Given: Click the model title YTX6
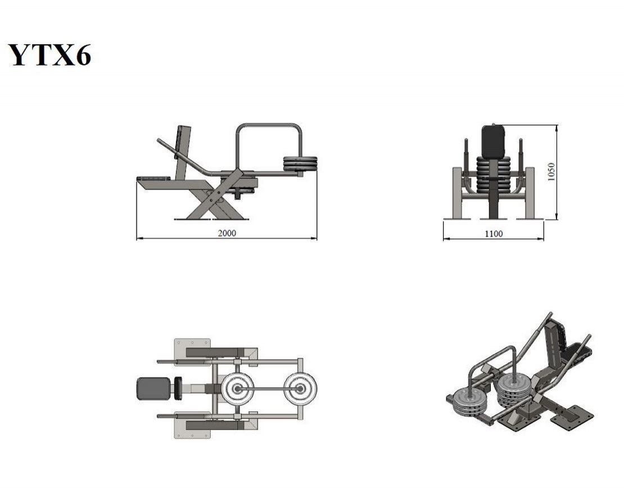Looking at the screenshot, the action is click(49, 55).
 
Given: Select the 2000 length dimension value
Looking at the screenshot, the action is click(227, 233).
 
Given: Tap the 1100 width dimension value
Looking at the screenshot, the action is click(494, 234).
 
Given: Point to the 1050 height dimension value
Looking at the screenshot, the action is click(551, 172).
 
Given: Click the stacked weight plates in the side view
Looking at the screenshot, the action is click(300, 164).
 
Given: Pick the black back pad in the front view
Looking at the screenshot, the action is click(494, 141).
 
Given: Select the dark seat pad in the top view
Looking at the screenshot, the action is click(153, 388).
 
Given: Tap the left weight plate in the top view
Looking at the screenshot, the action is click(238, 388).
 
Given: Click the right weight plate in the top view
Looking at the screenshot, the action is click(300, 388).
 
